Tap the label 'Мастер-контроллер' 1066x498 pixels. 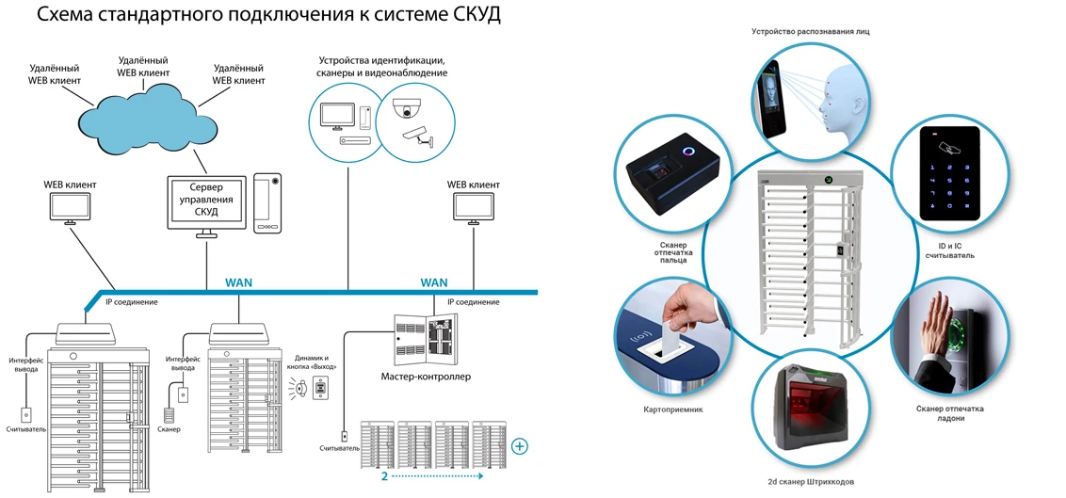(x=426, y=377)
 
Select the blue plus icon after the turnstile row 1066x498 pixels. (x=521, y=445)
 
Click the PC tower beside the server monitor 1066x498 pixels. (x=266, y=201)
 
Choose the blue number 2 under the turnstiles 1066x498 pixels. (x=384, y=476)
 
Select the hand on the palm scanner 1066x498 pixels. (x=936, y=326)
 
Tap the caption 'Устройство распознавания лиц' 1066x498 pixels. (x=810, y=31)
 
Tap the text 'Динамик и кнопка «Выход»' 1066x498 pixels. (x=315, y=361)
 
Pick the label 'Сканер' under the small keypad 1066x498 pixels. (x=170, y=429)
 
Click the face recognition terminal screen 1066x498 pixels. (x=771, y=97)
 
